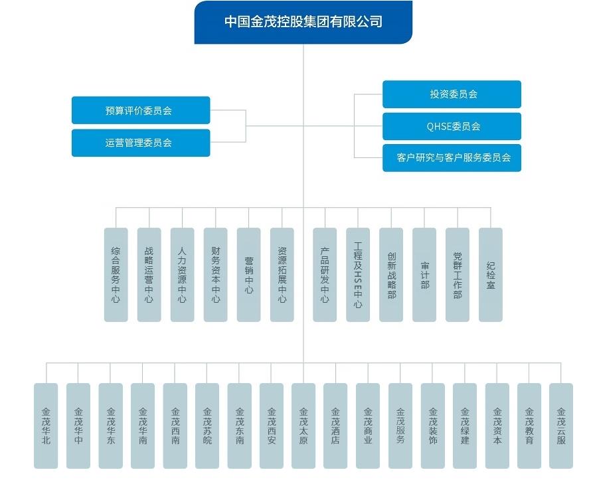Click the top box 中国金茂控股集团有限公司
pos(303,22)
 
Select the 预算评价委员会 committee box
pos(141,110)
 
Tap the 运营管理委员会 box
pos(141,143)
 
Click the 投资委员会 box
pos(452,94)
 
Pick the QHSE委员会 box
pos(452,126)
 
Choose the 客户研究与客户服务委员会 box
pos(452,158)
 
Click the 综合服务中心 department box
pos(116,275)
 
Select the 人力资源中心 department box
pos(182,275)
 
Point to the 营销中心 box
pos(248,275)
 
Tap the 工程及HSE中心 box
pos(358,275)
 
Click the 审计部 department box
pos(424,275)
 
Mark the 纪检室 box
pos(490,275)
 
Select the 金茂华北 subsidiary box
pos(46,426)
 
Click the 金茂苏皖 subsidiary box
pos(207,426)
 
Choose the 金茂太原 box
pos(303,426)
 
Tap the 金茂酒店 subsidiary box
pos(335,426)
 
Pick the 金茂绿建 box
pos(465,426)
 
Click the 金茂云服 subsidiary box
pos(561,426)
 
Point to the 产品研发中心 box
pos(325,275)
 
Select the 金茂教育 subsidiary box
pos(529,426)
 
